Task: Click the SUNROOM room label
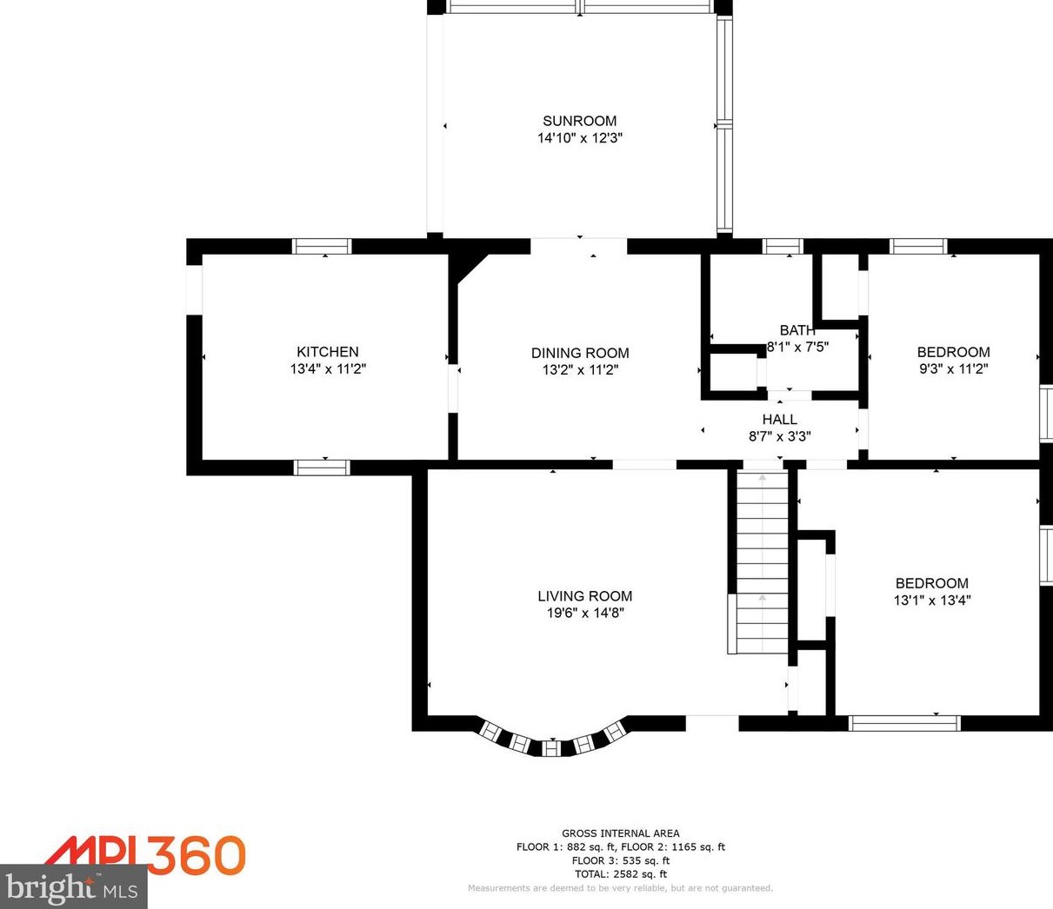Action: click(579, 121)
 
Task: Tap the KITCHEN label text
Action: click(327, 352)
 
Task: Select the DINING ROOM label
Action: click(580, 353)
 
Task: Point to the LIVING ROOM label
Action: click(584, 596)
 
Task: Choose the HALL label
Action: click(779, 420)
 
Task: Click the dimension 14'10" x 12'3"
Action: click(579, 138)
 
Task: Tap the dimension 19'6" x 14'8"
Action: click(584, 613)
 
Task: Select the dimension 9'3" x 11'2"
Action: click(953, 368)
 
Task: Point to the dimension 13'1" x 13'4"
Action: click(931, 600)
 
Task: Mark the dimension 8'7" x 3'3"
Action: click(779, 436)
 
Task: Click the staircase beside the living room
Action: click(763, 561)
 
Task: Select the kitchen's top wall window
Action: click(322, 246)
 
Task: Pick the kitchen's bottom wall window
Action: click(322, 468)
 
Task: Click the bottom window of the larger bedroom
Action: click(904, 723)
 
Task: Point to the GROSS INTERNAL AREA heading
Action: click(620, 833)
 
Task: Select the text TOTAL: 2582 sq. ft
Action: click(620, 874)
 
